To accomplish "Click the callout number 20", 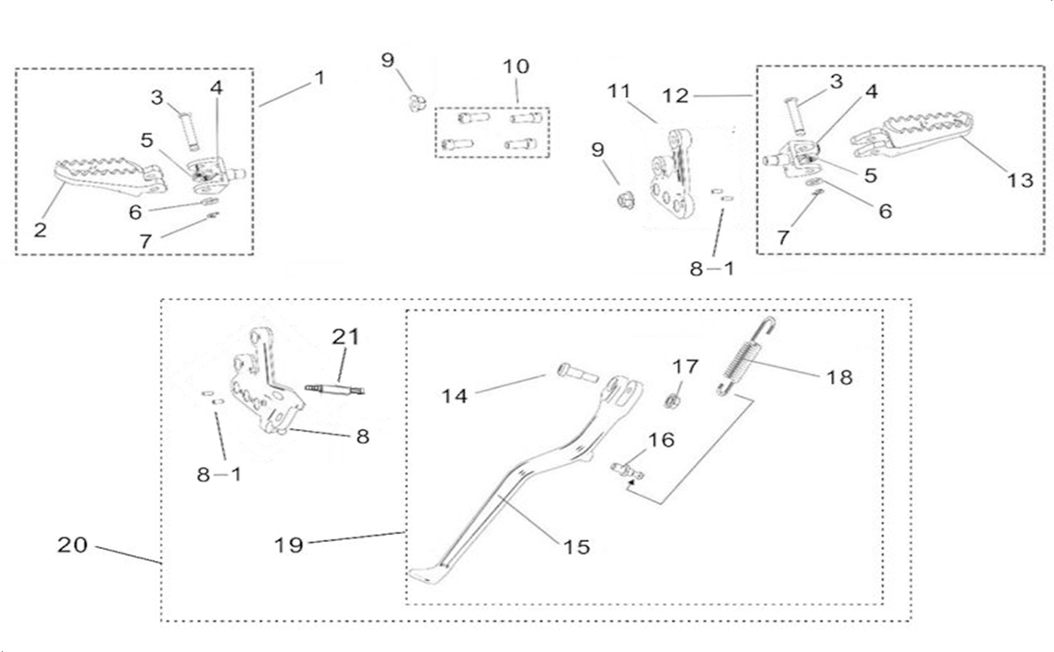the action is (x=73, y=544).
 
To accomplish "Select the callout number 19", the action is (x=288, y=544).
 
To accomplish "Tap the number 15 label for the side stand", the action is (x=577, y=546).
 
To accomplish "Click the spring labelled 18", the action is (x=745, y=357).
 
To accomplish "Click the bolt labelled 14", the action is (x=578, y=372).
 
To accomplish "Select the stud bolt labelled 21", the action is (x=335, y=389).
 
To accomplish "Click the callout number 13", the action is (x=1020, y=180).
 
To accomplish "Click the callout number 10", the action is (x=517, y=66).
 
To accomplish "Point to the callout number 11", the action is (x=619, y=91).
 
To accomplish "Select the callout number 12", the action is (x=676, y=96).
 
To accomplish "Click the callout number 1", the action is (x=320, y=78).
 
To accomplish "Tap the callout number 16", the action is (x=661, y=440).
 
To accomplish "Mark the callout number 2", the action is (x=40, y=230).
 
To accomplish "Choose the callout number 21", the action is (x=346, y=336).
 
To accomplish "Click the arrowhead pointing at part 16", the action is (x=633, y=482).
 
